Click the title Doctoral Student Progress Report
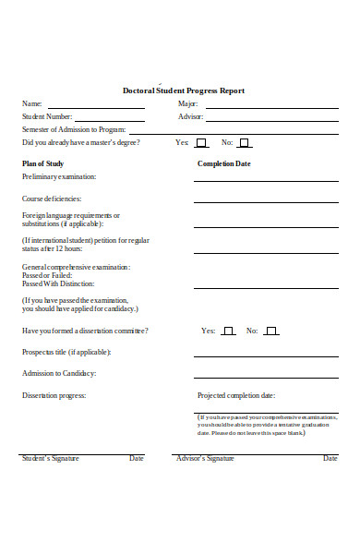(x=184, y=90)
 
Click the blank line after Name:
(x=96, y=107)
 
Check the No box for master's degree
(x=245, y=143)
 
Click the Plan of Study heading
(x=42, y=163)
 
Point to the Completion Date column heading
(x=223, y=163)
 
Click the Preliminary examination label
(x=58, y=176)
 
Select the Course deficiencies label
(x=52, y=199)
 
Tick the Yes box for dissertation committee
(x=227, y=331)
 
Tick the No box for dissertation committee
(x=270, y=331)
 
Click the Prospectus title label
(x=66, y=352)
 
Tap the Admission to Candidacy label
(x=59, y=373)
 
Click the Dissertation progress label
(x=54, y=395)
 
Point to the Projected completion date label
(x=236, y=395)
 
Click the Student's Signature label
(x=50, y=458)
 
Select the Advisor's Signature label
(x=205, y=458)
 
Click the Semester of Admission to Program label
(x=73, y=130)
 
